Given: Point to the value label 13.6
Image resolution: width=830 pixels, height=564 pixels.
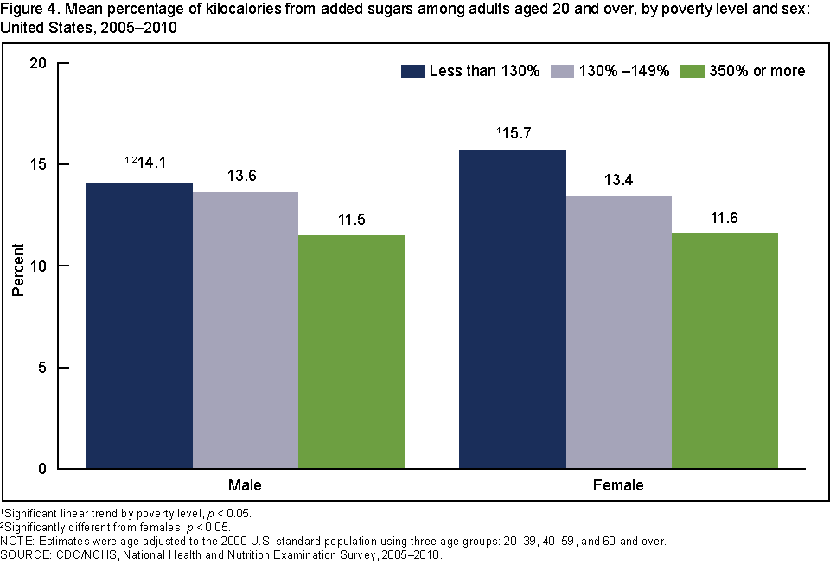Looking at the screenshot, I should [x=246, y=176].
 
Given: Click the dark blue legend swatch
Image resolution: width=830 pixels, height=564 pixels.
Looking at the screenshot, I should [x=412, y=71].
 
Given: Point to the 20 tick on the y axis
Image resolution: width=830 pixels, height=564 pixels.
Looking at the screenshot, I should [x=39, y=63].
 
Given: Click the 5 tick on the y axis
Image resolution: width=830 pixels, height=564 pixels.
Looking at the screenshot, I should [x=42, y=368].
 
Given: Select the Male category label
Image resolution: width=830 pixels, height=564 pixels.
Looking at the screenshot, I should [x=245, y=485].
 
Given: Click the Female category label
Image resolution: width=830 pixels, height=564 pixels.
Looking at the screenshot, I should [x=618, y=485].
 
